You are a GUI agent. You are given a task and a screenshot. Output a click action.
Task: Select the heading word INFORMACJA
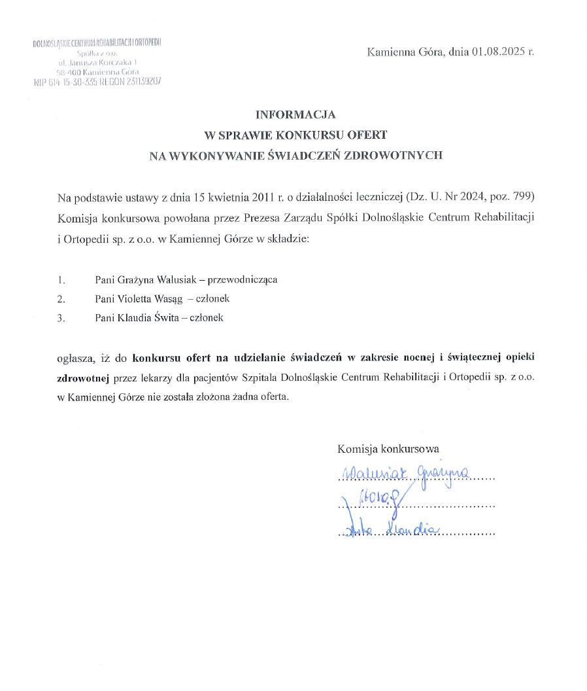[x=295, y=115]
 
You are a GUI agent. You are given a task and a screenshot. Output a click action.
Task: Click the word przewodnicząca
[x=242, y=279]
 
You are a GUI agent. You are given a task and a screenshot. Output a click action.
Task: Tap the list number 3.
[x=61, y=318]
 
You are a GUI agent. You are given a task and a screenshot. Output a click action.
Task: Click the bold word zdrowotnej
[x=84, y=378]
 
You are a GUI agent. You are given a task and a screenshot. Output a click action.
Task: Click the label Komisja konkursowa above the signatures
[x=388, y=449]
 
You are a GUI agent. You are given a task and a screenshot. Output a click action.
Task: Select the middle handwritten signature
[x=376, y=502]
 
